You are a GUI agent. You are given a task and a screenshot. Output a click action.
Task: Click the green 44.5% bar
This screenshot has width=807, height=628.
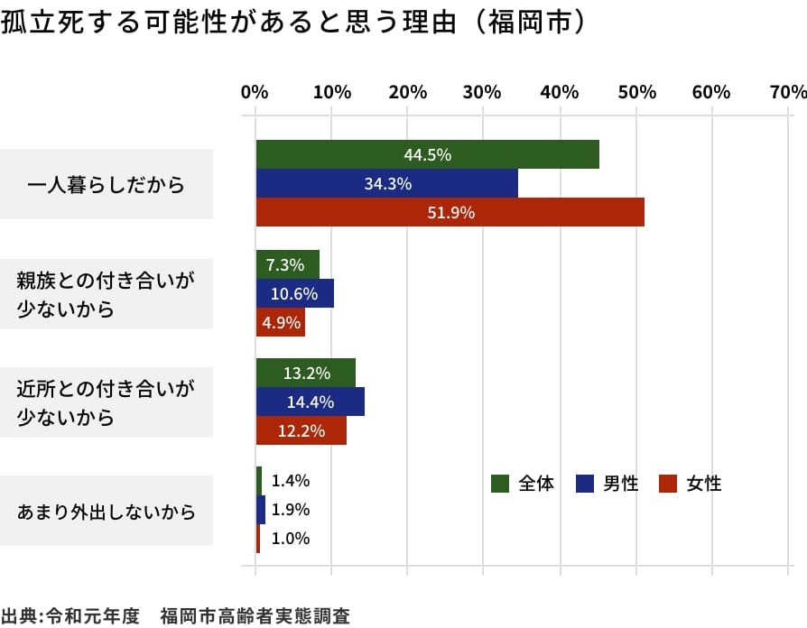pos(427,154)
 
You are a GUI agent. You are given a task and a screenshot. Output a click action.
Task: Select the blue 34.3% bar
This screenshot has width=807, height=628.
pos(387,183)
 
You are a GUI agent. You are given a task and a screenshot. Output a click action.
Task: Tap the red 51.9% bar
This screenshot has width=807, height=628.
pos(450,212)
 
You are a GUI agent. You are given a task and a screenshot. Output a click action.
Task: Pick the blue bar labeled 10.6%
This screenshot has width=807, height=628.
pos(294,293)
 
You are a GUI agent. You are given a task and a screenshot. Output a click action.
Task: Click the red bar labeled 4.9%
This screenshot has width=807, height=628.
pos(280,322)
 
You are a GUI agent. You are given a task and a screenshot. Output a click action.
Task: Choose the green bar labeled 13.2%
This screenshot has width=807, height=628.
pos(305,373)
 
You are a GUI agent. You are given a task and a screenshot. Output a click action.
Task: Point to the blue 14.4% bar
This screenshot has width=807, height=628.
pos(310,402)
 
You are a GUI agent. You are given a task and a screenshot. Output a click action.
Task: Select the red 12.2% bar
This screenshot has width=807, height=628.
pos(301,430)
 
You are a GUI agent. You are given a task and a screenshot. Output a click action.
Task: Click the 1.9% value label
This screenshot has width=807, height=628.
pos(291,510)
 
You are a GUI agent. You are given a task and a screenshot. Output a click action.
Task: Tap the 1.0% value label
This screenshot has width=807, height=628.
pos(291,539)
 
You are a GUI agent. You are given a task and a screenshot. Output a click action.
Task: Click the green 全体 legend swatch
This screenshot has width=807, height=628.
pos(500,484)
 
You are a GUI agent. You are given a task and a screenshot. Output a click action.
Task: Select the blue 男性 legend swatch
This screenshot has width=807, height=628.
pos(584,484)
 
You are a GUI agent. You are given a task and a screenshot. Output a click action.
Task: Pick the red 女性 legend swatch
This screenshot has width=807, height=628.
pos(668,484)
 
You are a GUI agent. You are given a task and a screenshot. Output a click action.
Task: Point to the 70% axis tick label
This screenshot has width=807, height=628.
pos(789,92)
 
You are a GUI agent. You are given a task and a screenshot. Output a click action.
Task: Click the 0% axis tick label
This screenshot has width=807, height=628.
pos(255,92)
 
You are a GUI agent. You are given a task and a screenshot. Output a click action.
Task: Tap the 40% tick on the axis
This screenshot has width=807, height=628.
pos(560,92)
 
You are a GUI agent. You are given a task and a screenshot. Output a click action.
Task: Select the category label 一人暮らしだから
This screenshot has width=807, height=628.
pos(107,185)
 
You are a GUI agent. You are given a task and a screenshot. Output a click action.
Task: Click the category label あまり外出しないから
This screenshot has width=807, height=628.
pos(107,512)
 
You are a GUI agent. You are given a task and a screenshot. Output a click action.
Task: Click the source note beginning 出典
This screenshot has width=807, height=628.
pos(175,616)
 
